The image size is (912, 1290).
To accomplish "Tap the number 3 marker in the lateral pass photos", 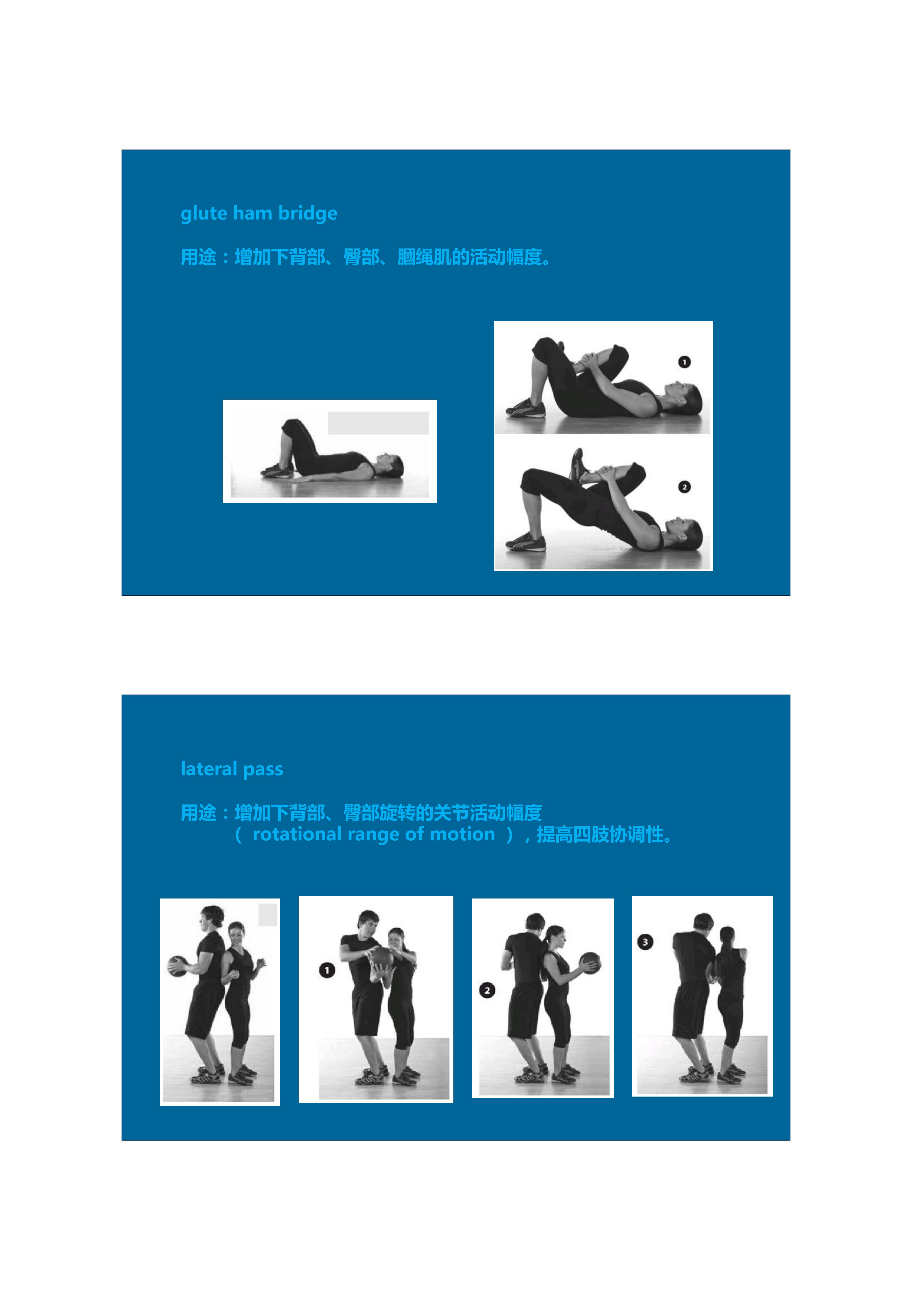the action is coord(645,942).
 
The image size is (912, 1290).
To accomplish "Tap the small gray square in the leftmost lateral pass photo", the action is coord(268,915).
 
